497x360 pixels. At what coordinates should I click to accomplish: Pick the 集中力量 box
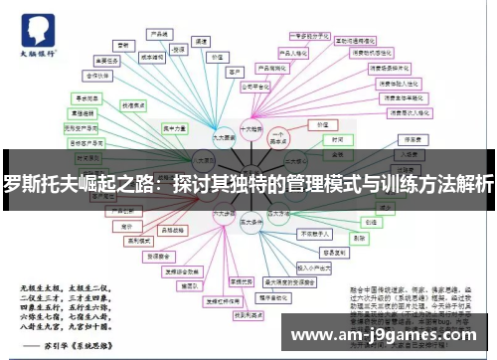[x=175, y=128]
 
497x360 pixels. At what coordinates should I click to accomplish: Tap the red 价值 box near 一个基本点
[x=321, y=125]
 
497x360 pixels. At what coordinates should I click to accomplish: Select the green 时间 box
[x=338, y=141]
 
